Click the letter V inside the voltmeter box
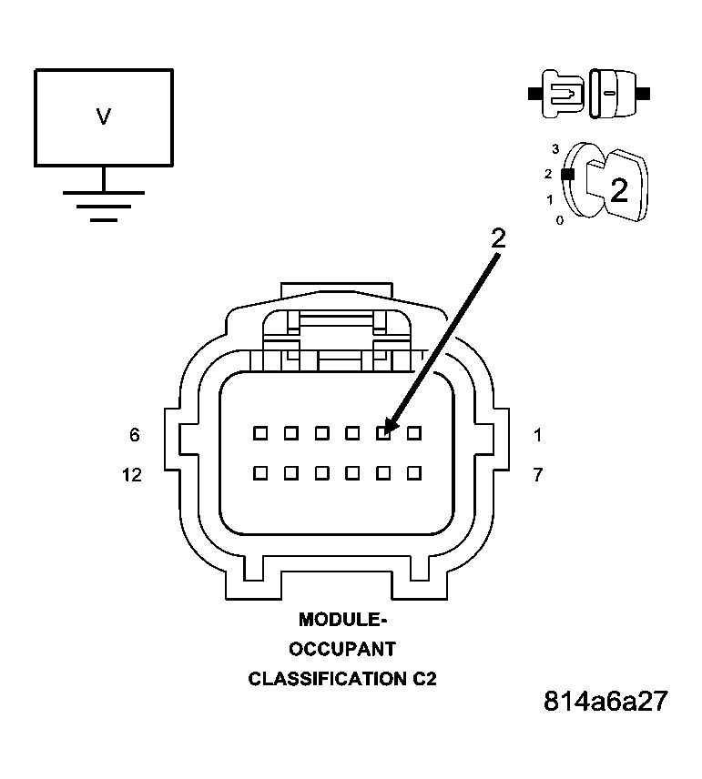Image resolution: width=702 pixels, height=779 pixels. click(103, 116)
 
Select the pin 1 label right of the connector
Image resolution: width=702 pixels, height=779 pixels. click(537, 436)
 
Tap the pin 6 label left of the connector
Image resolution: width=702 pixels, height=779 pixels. click(135, 436)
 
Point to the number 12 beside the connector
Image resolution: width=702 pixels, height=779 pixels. click(132, 475)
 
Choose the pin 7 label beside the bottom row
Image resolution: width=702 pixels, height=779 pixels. click(537, 475)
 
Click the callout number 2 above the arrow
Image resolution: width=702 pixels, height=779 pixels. click(497, 238)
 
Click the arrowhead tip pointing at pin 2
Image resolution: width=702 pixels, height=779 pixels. click(386, 430)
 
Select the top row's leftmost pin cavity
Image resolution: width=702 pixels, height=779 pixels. click(259, 433)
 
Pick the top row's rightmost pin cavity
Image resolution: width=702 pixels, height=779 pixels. click(414, 433)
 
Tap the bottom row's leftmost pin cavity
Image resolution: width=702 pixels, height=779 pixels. click(259, 472)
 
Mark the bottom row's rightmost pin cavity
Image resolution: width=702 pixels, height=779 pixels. click(414, 472)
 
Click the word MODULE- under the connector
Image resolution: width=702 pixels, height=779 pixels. click(342, 620)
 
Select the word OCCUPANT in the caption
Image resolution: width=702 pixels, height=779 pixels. click(342, 650)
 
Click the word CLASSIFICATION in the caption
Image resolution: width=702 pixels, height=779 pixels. click(324, 679)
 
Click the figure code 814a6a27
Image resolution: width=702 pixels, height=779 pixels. click(605, 702)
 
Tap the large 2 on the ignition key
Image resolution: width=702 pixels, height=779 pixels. click(618, 190)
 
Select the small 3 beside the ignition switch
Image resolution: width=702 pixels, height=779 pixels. click(555, 148)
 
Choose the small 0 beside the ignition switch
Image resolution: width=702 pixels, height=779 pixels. click(559, 221)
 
